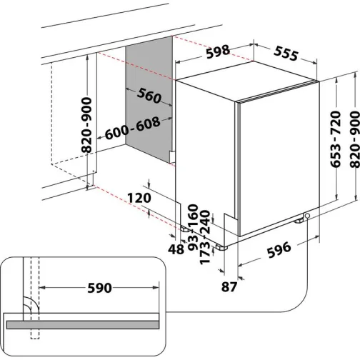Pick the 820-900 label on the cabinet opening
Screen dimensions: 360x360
(86, 126)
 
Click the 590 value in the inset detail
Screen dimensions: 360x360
(99, 288)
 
